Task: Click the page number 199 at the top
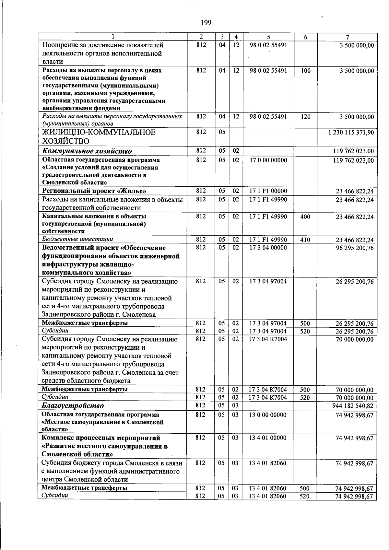pos(206,22)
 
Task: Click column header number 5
pos(268,37)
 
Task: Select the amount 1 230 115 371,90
pos(351,133)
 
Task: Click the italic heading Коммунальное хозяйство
pos(87,151)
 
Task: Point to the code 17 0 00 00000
pos(268,160)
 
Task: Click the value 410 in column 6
pos(305,240)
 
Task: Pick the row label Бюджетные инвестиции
pos(78,239)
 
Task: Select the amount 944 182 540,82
pos(353,406)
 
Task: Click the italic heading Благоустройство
pos(73,405)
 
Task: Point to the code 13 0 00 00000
pos(268,415)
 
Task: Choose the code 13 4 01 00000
pos(268,438)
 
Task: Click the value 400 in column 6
pos(305,216)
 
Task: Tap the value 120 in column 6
pos(305,116)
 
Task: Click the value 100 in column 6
pos(305,71)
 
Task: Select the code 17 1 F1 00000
pos(268,191)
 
